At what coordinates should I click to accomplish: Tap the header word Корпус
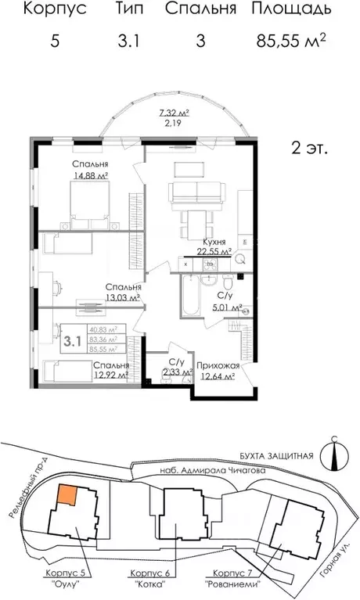tap(54, 9)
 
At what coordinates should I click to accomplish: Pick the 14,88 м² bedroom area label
tap(90, 176)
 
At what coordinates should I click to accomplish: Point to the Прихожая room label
tap(218, 365)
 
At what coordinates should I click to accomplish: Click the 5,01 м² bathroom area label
tap(226, 308)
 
